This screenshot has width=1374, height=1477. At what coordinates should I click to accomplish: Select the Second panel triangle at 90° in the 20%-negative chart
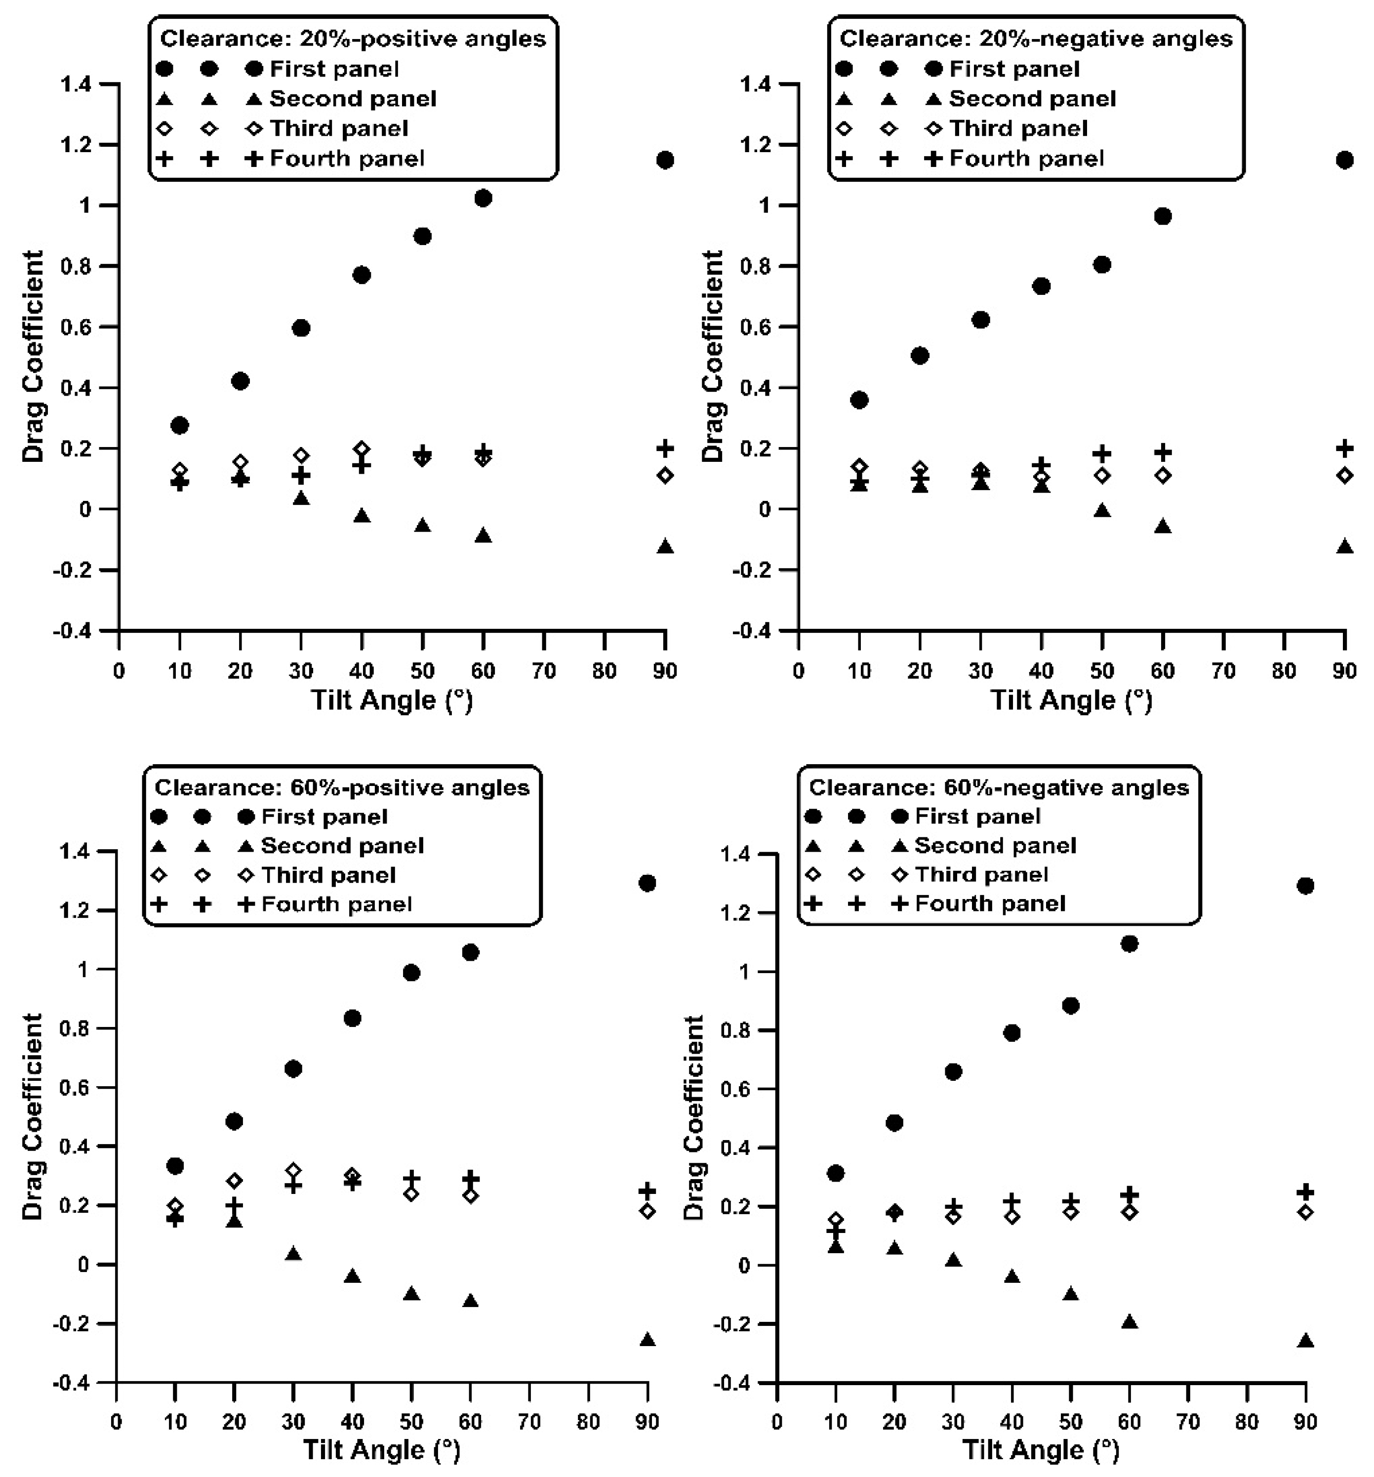(1344, 547)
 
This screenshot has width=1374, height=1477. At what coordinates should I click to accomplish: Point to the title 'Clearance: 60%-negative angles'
(999, 787)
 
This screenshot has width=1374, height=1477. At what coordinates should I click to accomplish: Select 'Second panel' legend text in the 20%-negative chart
(1032, 99)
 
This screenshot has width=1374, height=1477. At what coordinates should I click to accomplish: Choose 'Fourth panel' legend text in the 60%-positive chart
(336, 904)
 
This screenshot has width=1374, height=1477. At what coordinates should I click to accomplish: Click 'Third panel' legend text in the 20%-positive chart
(339, 128)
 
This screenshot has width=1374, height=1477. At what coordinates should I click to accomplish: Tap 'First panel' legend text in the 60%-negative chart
(977, 817)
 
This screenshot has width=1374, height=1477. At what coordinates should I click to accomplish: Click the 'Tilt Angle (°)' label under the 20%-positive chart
(391, 700)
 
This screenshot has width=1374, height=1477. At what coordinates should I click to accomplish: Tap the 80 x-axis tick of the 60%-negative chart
(1246, 1422)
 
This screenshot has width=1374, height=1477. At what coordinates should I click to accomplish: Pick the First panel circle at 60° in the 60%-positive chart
(470, 952)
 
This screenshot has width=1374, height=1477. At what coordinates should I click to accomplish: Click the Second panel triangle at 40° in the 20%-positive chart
(362, 516)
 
